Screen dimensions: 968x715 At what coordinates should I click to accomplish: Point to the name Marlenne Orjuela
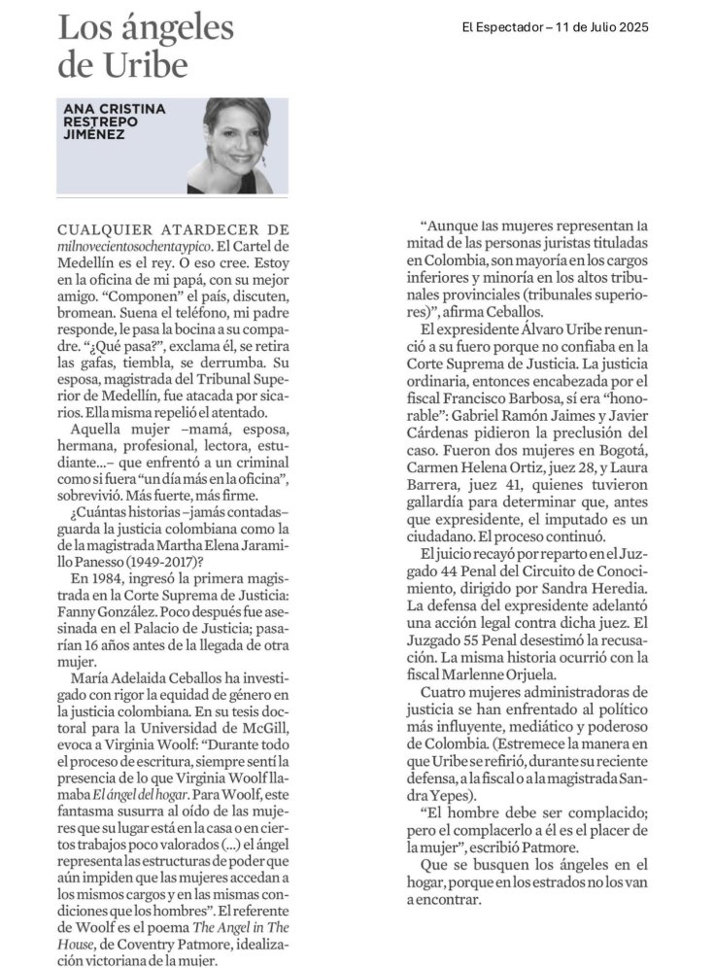[498, 670]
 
